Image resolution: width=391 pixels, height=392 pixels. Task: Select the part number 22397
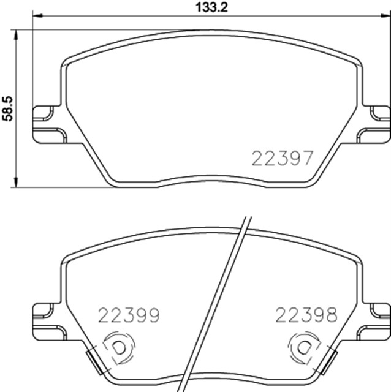pos(283,158)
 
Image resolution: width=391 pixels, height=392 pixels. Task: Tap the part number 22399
pos(129,315)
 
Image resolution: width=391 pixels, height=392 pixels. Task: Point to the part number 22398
pos(306,315)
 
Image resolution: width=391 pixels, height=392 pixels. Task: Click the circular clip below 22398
pos(303,347)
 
